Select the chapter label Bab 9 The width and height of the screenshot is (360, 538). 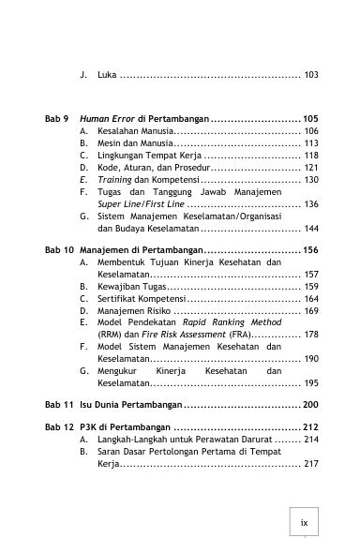57,121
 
